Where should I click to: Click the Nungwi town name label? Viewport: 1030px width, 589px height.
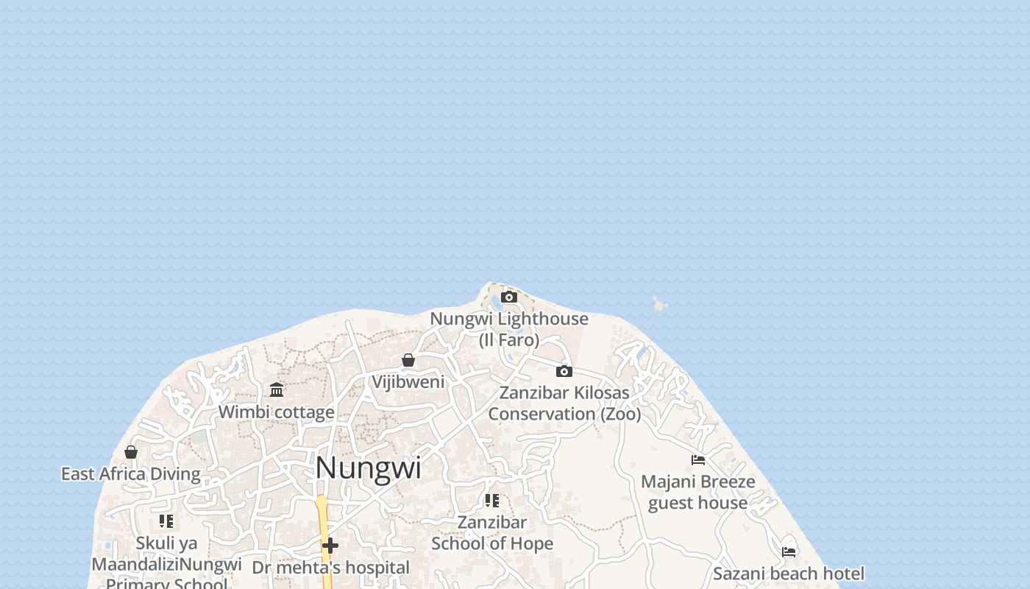(x=368, y=468)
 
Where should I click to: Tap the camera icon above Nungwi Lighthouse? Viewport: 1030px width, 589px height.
(x=508, y=297)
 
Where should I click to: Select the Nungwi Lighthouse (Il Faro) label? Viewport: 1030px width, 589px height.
(x=509, y=329)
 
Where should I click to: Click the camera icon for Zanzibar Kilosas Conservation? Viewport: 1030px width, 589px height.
(x=564, y=371)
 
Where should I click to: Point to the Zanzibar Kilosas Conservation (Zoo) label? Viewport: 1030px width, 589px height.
(x=564, y=403)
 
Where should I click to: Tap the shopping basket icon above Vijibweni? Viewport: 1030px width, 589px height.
(x=408, y=360)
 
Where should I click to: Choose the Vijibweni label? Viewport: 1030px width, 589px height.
(x=408, y=381)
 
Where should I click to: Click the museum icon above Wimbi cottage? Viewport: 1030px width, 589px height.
(x=277, y=389)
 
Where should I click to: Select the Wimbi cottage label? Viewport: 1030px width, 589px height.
(x=277, y=412)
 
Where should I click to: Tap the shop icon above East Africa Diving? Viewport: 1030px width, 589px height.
(x=131, y=451)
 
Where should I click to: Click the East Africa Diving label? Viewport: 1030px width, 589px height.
(x=131, y=474)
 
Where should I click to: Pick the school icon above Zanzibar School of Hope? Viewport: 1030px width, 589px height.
(x=492, y=501)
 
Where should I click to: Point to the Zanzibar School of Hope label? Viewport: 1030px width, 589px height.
(x=492, y=533)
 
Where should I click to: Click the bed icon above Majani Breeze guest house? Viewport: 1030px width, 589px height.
(x=698, y=460)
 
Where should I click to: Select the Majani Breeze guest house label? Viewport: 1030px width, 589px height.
(x=698, y=493)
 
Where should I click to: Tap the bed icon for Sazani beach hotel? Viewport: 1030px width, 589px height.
(x=789, y=551)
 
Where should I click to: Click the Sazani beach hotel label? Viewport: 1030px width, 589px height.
(x=789, y=574)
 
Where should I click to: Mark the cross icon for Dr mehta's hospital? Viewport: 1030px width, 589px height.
(x=330, y=546)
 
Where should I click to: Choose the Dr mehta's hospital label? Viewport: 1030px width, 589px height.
(x=330, y=568)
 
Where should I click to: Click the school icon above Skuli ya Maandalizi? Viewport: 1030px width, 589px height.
(x=166, y=521)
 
